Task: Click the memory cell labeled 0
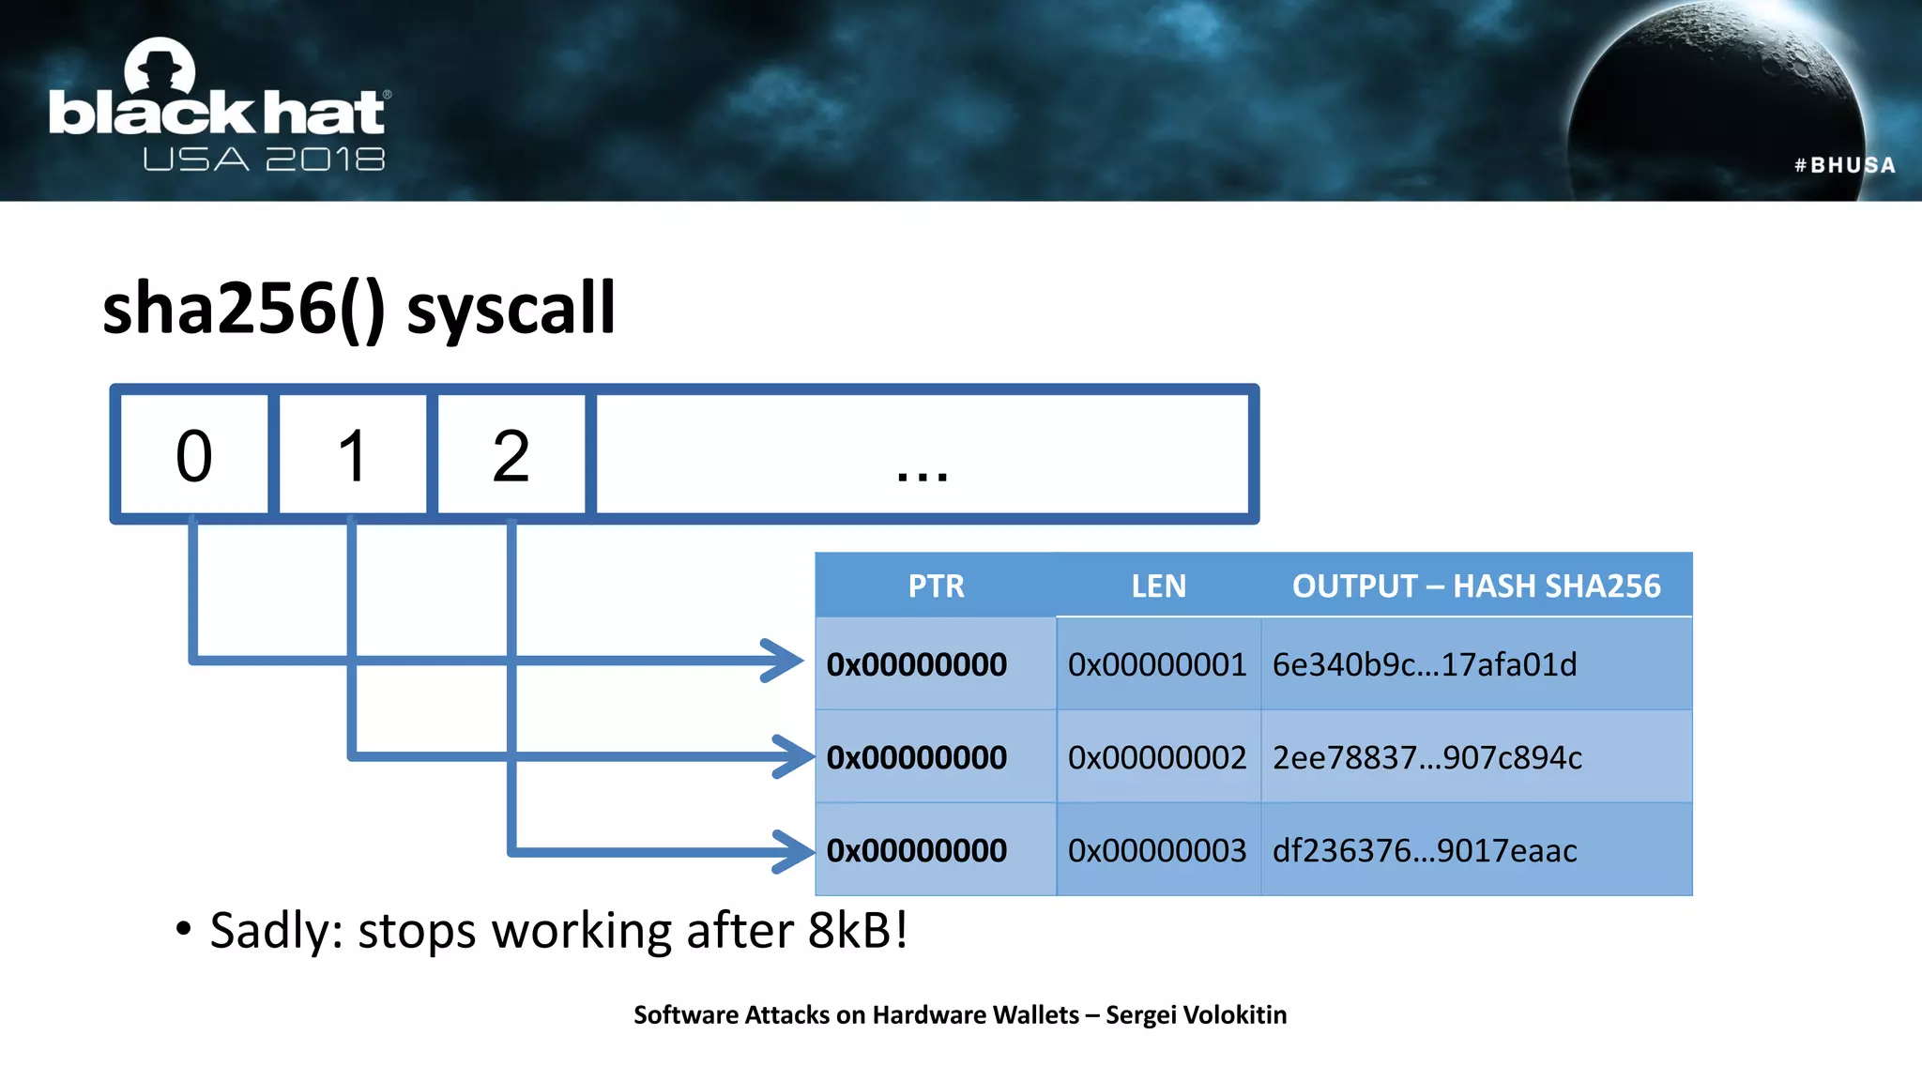(194, 455)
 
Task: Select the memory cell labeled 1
(353, 455)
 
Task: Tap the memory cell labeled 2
(511, 455)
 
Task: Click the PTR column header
(936, 586)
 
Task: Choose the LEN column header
(1158, 586)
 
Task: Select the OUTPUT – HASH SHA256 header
(1476, 586)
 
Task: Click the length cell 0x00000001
(1157, 664)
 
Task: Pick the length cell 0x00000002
(1157, 757)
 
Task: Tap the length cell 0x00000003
(1157, 850)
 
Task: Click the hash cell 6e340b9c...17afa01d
(1425, 664)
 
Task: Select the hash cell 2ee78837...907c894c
(1426, 757)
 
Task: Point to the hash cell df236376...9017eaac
(1425, 850)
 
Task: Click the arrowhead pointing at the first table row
(784, 661)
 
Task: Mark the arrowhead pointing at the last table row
(794, 851)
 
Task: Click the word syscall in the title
(511, 309)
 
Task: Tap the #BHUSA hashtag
(1845, 165)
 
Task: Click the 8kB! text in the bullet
(858, 930)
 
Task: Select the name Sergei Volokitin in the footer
(1196, 1014)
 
